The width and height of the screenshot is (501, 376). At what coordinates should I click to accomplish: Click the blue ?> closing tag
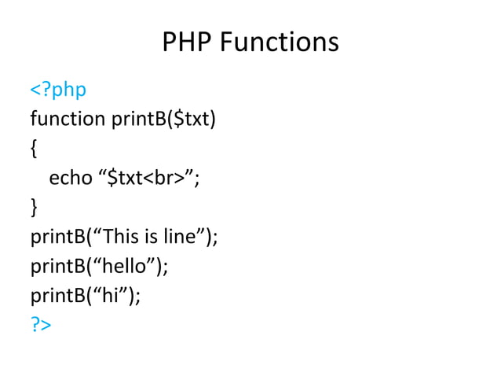click(41, 324)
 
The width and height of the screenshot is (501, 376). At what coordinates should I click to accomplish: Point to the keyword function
click(68, 120)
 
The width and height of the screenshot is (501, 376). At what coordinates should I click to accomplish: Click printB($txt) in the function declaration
click(163, 120)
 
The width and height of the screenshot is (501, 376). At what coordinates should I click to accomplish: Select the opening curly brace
click(34, 149)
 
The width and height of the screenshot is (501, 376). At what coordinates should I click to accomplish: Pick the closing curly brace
click(34, 207)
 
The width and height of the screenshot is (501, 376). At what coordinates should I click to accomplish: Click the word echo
click(71, 179)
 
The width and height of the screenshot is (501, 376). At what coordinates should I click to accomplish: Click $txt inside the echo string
click(124, 179)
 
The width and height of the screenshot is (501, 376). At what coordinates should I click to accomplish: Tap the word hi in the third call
click(112, 295)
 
